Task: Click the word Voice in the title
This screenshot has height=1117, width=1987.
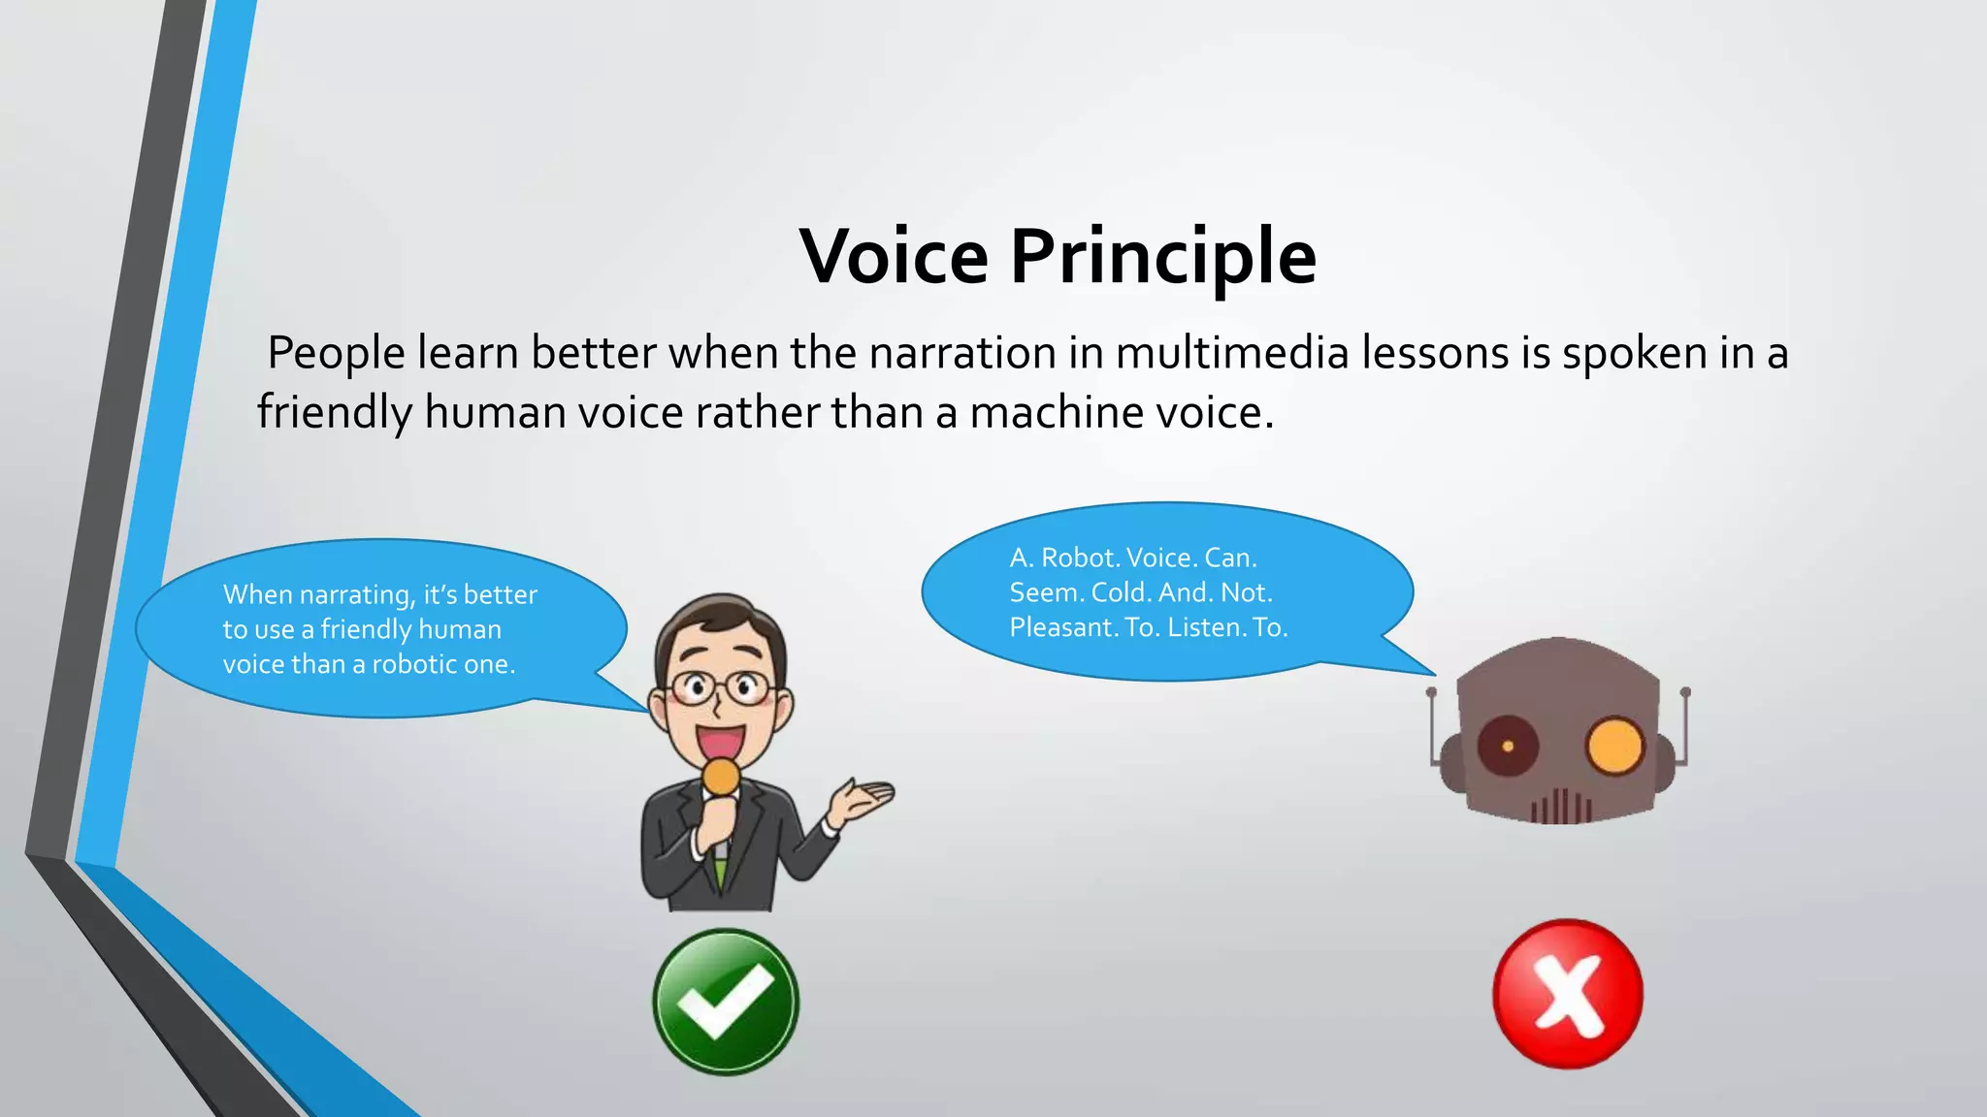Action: click(x=894, y=257)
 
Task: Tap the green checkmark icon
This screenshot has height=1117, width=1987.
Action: click(x=726, y=1002)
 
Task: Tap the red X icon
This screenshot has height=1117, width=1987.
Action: click(x=1567, y=994)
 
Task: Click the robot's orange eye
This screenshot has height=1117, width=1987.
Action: click(x=1614, y=747)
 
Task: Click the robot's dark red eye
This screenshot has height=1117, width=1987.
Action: click(x=1507, y=746)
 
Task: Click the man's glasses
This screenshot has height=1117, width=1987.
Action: click(x=720, y=689)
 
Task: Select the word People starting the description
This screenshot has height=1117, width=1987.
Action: click(x=336, y=353)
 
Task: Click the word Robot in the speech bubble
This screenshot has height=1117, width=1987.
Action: click(x=1080, y=558)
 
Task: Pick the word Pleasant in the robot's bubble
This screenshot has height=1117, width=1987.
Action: click(x=1062, y=627)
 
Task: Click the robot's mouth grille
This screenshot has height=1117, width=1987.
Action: click(x=1561, y=807)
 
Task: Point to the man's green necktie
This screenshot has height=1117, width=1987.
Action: click(x=720, y=869)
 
